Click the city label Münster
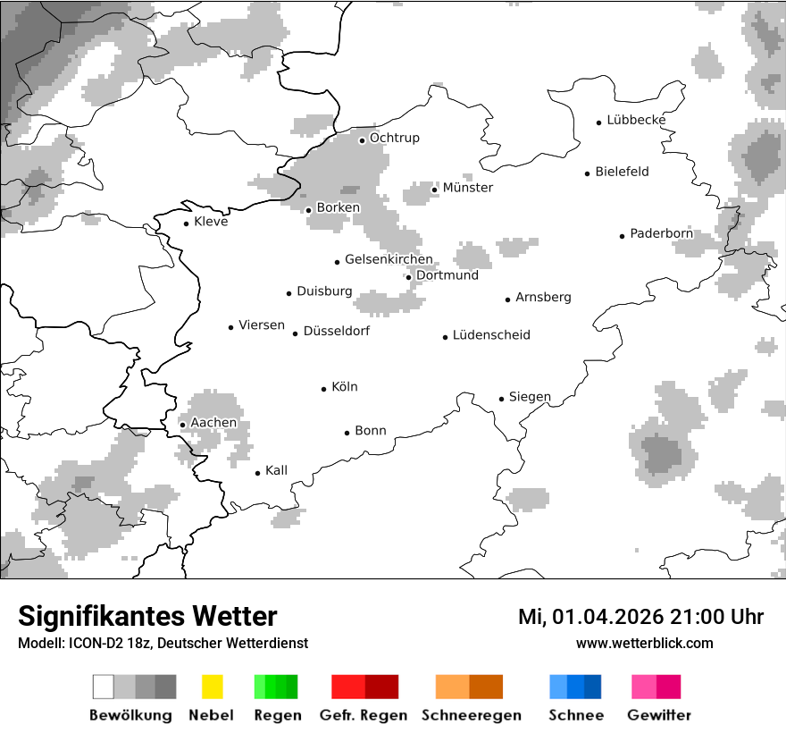click(x=468, y=188)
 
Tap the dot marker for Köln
click(x=324, y=389)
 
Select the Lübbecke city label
click(x=636, y=120)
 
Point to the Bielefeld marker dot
click(x=588, y=173)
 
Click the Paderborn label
click(x=661, y=234)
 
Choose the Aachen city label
click(x=213, y=423)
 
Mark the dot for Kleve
click(x=187, y=223)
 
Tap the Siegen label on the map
click(x=530, y=397)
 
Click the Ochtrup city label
click(x=394, y=139)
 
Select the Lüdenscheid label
click(x=491, y=335)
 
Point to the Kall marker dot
click(x=258, y=473)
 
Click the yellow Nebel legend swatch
click(x=212, y=687)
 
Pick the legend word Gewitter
click(x=659, y=715)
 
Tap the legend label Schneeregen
click(x=471, y=715)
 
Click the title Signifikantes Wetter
click(x=147, y=617)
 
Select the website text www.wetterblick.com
click(x=644, y=643)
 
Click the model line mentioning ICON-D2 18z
click(x=163, y=643)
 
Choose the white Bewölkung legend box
click(x=104, y=687)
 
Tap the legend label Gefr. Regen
click(x=364, y=715)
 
